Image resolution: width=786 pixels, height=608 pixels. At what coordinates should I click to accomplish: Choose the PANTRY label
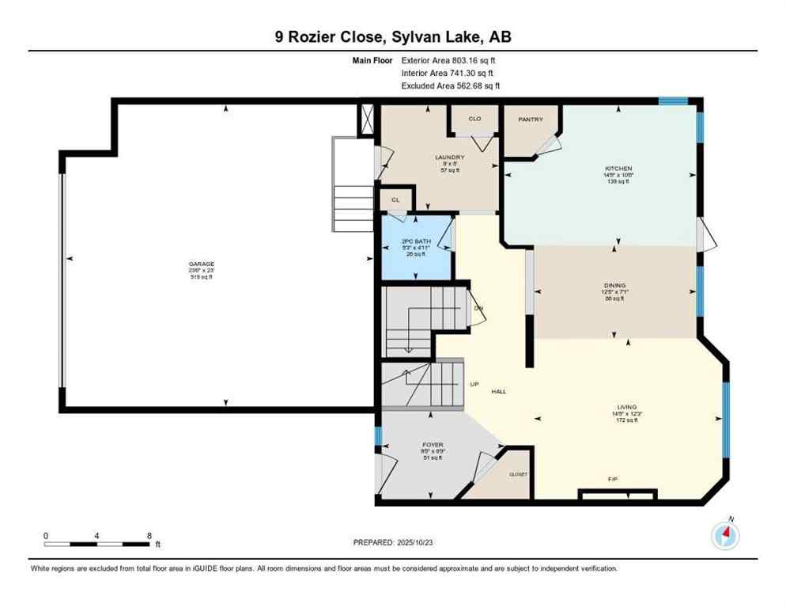click(530, 120)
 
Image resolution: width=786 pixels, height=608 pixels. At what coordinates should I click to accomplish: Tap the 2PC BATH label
click(415, 240)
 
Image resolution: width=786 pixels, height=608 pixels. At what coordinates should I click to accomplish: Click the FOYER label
click(433, 445)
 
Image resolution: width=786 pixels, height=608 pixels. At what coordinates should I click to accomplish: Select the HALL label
click(498, 392)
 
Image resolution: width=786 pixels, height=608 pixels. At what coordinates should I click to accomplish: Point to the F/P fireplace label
click(611, 479)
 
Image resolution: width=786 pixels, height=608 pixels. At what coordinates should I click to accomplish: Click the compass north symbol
click(725, 535)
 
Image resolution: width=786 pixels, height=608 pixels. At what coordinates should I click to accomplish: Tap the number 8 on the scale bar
click(149, 535)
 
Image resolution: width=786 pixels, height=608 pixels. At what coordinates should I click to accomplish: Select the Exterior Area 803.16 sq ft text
click(448, 60)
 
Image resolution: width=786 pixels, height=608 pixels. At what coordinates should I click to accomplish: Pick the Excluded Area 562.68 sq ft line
click(450, 85)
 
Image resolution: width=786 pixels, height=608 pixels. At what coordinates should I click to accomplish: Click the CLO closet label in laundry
click(474, 119)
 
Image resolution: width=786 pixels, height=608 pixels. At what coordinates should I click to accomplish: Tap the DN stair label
click(478, 308)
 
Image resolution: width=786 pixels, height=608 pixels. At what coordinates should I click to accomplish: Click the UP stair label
click(474, 384)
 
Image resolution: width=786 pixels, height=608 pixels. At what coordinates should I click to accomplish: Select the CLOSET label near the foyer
click(518, 473)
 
